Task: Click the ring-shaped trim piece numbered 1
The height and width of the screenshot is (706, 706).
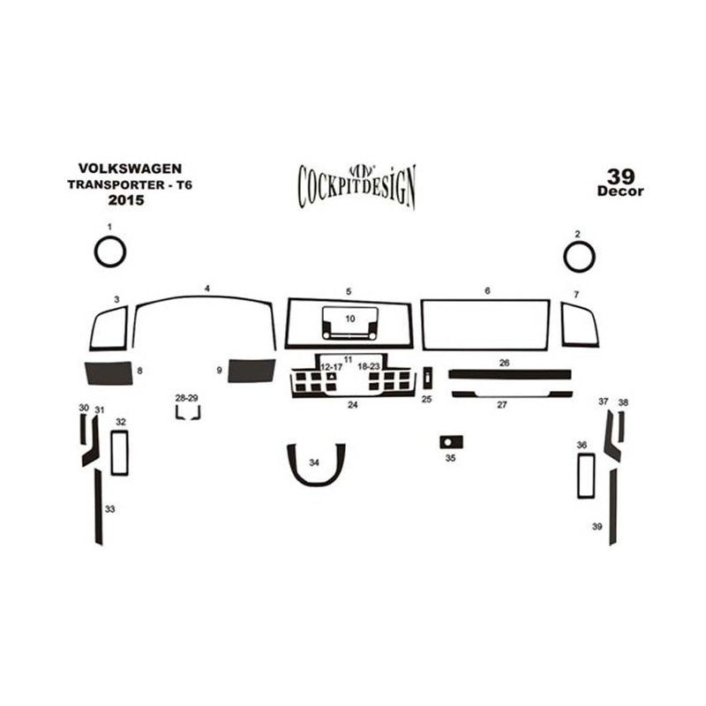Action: [95, 252]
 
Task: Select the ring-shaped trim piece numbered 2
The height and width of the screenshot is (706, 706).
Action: [565, 257]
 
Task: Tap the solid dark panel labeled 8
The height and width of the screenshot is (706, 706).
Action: [109, 373]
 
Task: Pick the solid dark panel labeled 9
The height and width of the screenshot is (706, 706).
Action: [252, 371]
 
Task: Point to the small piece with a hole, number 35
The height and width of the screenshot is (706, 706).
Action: [452, 442]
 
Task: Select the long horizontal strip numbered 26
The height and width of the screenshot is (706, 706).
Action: [510, 374]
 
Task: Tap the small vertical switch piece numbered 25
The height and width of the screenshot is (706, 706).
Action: [428, 378]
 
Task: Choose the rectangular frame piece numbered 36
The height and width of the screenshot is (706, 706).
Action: [578, 476]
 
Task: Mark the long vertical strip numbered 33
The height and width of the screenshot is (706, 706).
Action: [98, 507]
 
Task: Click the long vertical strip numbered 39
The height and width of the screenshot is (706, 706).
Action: [612, 507]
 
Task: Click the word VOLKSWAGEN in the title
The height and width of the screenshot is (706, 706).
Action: [130, 169]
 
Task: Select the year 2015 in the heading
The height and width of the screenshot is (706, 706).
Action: [126, 200]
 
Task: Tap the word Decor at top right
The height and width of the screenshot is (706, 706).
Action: [620, 192]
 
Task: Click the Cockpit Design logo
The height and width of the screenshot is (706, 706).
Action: [357, 186]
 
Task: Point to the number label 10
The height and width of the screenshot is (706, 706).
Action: [349, 319]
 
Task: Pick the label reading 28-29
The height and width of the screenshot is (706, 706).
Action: [186, 398]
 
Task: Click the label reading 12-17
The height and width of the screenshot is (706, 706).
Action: [332, 367]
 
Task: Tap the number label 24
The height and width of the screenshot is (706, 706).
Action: [352, 405]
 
